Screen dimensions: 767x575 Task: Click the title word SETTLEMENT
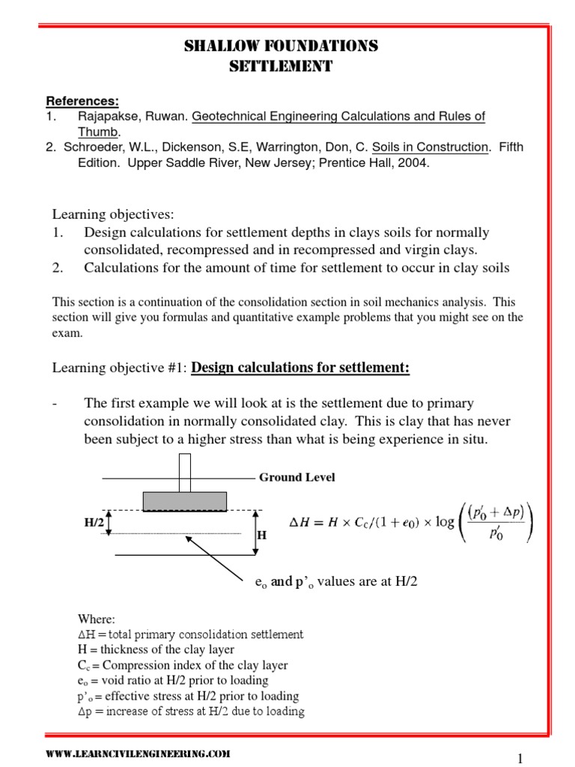point(280,67)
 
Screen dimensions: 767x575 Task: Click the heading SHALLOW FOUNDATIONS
point(281,46)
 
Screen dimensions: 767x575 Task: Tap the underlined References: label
point(82,101)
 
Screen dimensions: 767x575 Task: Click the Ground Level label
point(296,477)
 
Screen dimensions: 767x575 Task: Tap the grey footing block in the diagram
point(184,500)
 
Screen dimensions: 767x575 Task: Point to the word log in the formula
point(445,521)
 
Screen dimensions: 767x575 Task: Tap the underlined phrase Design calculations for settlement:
point(301,367)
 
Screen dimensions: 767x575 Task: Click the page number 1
point(518,758)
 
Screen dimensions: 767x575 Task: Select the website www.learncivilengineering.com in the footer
point(139,754)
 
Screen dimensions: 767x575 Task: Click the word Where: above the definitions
point(97,619)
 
